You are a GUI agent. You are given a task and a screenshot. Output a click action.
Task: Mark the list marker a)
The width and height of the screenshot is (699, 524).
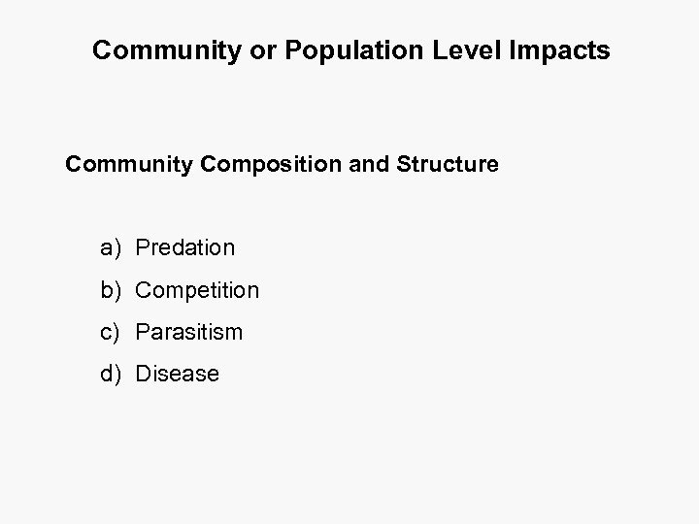(x=110, y=248)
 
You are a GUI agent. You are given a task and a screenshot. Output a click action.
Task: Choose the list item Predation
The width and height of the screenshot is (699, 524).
(x=185, y=248)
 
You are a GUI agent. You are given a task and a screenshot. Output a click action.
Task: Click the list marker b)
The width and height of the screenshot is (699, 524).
(x=110, y=290)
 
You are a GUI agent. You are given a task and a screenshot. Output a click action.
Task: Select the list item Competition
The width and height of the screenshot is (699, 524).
(x=197, y=290)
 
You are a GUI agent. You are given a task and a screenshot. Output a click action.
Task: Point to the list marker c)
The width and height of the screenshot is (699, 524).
(x=110, y=332)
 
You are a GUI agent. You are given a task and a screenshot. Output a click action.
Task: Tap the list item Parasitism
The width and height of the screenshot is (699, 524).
(x=189, y=332)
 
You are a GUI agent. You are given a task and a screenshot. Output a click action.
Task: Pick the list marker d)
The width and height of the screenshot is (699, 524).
(x=110, y=374)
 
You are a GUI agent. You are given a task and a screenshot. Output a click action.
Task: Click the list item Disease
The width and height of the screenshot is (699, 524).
(x=178, y=374)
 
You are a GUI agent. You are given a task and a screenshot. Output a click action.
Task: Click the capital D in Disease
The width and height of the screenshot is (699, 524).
(x=144, y=374)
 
